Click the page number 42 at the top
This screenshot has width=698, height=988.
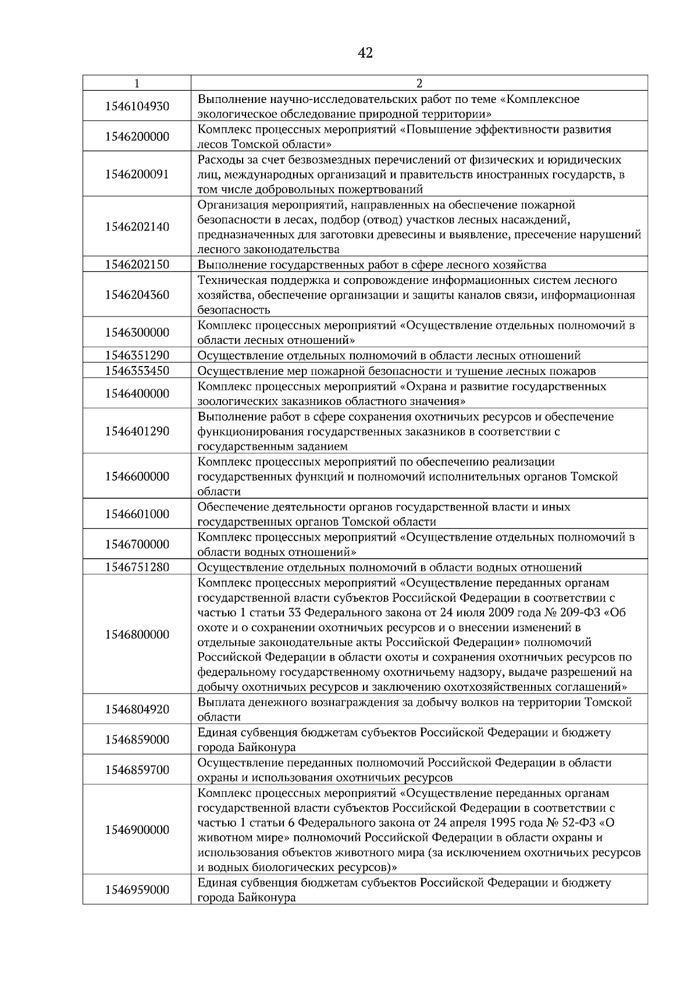coord(365,53)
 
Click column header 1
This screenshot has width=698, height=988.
coord(137,83)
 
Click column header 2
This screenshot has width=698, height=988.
coord(419,83)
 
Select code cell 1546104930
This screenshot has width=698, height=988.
coord(137,106)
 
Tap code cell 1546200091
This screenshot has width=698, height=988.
coord(137,174)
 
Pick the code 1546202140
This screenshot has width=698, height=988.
coord(137,227)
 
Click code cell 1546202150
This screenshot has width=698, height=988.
coord(137,265)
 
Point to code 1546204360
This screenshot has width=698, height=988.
coord(137,294)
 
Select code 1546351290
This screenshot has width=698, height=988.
coord(137,356)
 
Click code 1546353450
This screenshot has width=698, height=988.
coord(137,371)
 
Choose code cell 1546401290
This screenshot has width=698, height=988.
coord(137,431)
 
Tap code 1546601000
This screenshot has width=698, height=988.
coord(137,514)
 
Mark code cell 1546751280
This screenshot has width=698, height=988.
coord(137,567)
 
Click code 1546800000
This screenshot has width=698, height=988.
coord(137,635)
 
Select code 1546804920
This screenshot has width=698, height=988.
coord(137,709)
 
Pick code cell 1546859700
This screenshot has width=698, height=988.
coord(137,770)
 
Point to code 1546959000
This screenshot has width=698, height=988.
coord(137,890)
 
